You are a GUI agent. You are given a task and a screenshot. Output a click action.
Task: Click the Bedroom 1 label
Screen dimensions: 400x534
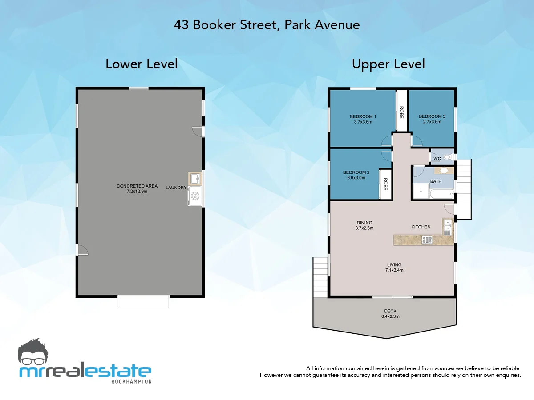click(x=363, y=116)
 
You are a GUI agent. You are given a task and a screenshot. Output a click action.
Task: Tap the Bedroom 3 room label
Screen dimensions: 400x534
click(x=432, y=116)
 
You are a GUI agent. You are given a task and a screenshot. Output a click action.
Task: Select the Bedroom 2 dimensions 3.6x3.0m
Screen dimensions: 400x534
click(x=356, y=178)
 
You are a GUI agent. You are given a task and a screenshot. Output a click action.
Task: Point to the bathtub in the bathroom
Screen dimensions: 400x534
click(x=442, y=194)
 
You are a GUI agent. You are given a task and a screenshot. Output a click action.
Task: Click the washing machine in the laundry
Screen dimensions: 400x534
click(x=195, y=196)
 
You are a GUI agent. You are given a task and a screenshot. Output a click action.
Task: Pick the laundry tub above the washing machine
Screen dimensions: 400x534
click(x=195, y=179)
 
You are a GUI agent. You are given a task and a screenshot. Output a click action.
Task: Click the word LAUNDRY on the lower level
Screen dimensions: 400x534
click(x=176, y=188)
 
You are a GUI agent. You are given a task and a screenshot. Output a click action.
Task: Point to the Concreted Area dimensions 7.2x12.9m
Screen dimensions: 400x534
click(x=137, y=192)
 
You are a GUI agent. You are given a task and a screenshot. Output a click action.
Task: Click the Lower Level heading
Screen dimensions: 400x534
click(x=142, y=64)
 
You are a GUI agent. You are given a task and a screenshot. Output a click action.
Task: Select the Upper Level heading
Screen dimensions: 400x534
click(x=388, y=64)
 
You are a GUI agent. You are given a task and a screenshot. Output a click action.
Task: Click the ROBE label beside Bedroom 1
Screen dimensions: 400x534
click(x=401, y=111)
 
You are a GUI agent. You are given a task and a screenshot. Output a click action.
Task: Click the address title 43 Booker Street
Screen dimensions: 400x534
click(x=267, y=25)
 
